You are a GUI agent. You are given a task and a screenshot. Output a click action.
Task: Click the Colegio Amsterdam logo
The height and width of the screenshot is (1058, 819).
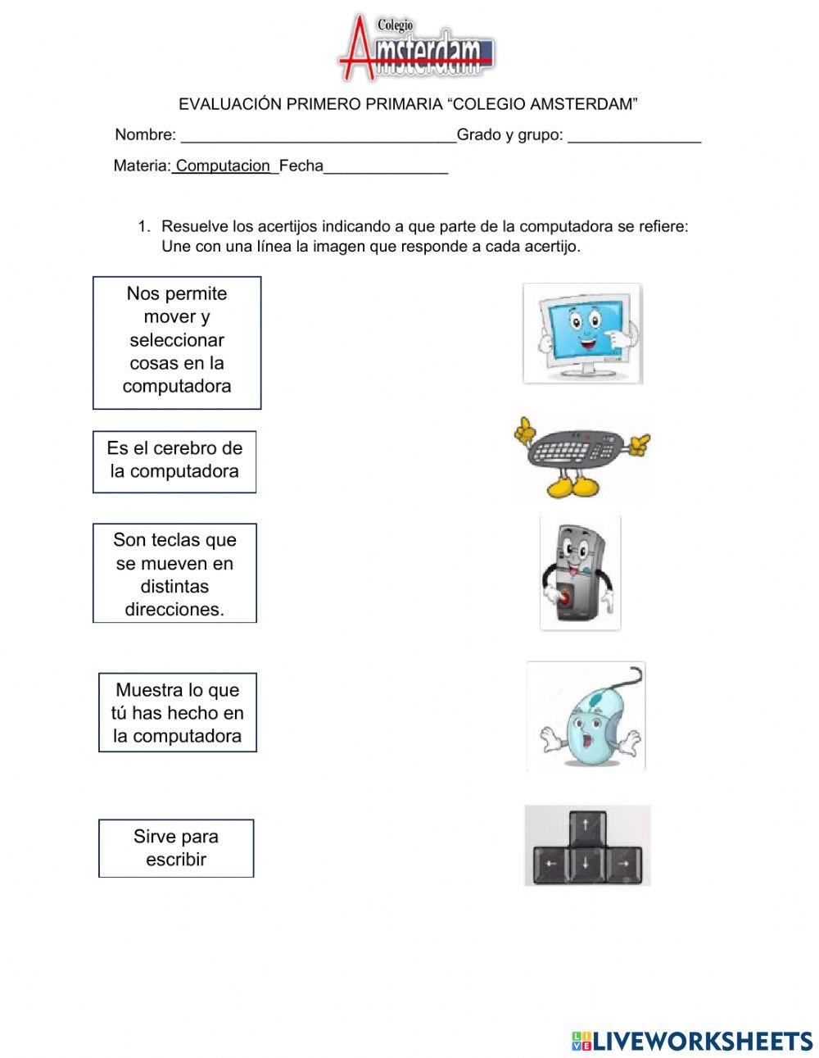[416, 48]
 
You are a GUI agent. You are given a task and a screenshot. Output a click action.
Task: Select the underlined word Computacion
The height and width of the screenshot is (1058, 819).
[223, 166]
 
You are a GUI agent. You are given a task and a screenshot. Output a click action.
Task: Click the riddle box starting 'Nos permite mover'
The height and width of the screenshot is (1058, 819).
[177, 342]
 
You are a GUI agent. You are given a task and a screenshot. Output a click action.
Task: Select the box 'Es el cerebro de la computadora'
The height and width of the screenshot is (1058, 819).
[174, 461]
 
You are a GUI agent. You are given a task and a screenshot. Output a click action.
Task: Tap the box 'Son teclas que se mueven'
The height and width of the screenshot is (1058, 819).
[174, 574]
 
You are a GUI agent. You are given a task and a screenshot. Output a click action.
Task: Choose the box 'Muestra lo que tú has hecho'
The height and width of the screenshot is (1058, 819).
[178, 713]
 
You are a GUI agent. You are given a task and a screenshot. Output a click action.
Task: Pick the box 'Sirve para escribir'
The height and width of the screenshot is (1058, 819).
[176, 848]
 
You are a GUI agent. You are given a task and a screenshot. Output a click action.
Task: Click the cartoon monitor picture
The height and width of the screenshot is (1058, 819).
[582, 334]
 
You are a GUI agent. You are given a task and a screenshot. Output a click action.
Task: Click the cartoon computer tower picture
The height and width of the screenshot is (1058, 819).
[580, 573]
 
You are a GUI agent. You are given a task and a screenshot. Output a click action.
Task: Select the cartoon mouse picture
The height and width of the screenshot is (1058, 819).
[586, 716]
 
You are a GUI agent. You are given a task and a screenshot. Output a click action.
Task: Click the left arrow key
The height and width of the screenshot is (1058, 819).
[551, 865]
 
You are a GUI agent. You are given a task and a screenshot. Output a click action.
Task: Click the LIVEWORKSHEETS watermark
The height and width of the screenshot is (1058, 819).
[692, 1041]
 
